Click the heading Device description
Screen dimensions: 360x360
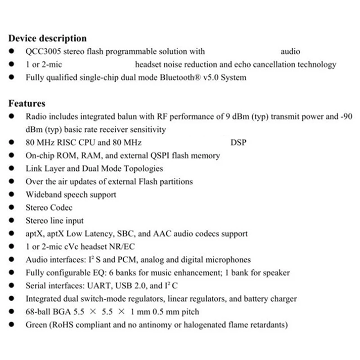[x=48, y=38]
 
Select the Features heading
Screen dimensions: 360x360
[x=27, y=103]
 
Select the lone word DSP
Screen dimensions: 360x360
[x=238, y=142]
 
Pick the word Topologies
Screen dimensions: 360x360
[x=142, y=169]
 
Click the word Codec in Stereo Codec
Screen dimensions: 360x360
[x=61, y=208]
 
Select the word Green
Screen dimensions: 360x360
[x=37, y=325]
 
